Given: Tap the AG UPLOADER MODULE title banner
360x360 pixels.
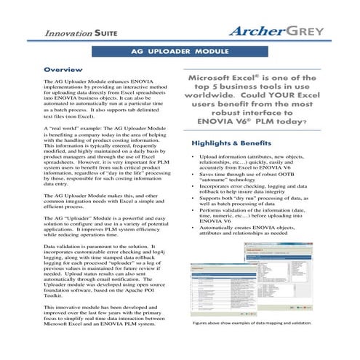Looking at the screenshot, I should point(180,53).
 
